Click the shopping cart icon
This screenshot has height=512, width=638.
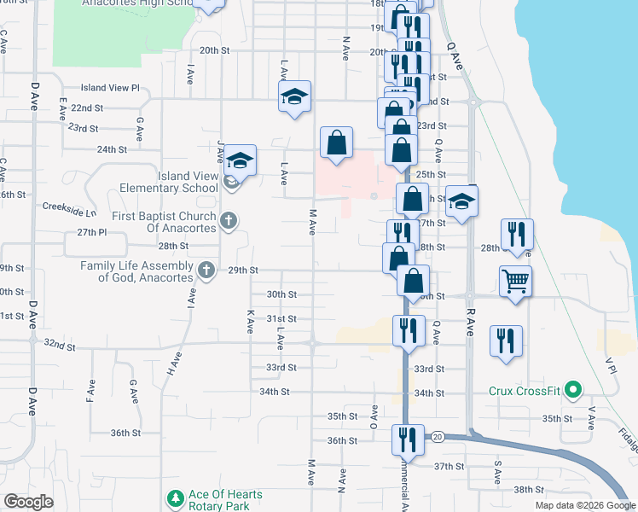[516, 280]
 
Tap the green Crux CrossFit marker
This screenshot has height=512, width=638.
[574, 391]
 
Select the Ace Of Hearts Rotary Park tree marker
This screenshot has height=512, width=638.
[175, 497]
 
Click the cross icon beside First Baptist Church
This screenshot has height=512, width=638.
[228, 221]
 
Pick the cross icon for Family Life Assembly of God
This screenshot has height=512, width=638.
[206, 271]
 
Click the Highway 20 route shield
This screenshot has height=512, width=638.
[438, 436]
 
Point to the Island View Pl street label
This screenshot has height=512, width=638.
[110, 88]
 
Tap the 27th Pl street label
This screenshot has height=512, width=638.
[90, 232]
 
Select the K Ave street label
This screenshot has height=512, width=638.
[250, 321]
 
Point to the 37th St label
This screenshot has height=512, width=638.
[447, 467]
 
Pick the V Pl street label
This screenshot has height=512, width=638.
[611, 365]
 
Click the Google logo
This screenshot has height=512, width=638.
[28, 502]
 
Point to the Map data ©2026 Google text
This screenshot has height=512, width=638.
[584, 505]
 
